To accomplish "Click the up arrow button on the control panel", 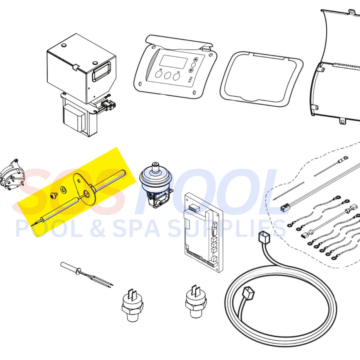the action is tap(196, 60).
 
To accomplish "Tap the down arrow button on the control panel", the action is tap(191, 70).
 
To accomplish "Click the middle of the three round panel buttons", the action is tap(168, 76).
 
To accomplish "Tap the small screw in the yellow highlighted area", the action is tap(54, 196).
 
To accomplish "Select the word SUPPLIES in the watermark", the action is tap(227, 228).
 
